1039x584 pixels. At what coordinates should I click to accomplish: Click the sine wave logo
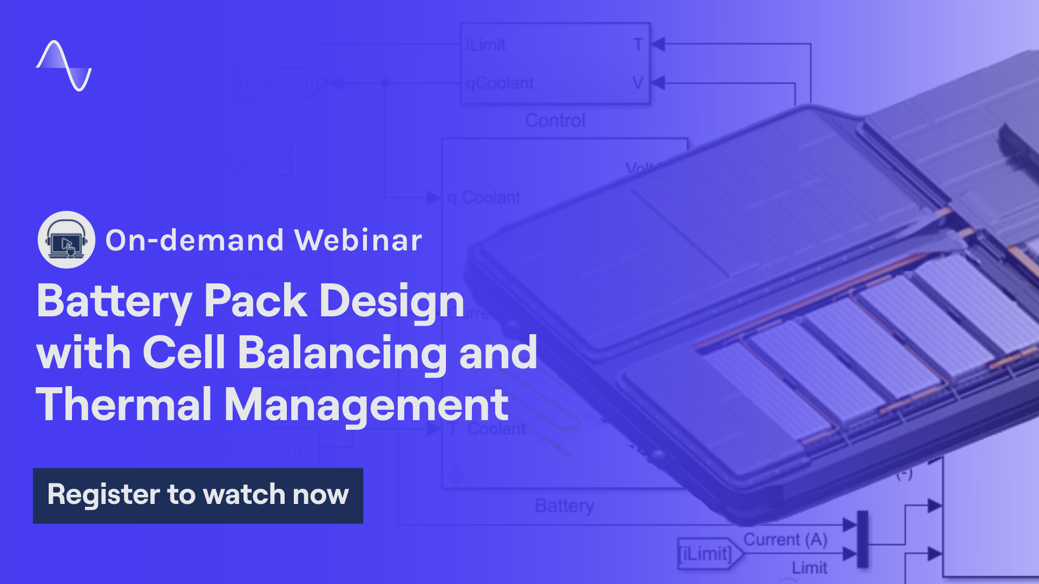click(x=64, y=65)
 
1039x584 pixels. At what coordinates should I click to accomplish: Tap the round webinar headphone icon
click(x=67, y=240)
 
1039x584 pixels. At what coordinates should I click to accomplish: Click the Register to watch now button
click(x=198, y=495)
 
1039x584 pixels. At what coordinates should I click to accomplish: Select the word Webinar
click(x=358, y=240)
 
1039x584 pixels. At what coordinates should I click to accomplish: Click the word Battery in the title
click(x=114, y=301)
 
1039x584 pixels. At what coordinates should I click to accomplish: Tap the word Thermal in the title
click(x=124, y=404)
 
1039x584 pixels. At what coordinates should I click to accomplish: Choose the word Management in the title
click(x=366, y=404)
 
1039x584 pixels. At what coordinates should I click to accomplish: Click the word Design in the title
click(x=392, y=301)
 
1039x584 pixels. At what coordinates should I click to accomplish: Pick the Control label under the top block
click(x=555, y=120)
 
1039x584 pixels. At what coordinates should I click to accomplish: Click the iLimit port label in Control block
click(x=485, y=45)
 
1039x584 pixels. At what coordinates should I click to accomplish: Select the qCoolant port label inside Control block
click(x=499, y=83)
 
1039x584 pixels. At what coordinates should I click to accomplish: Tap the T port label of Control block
click(x=639, y=44)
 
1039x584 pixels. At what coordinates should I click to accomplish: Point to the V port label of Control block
click(x=638, y=83)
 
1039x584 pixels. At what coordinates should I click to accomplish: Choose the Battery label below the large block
click(x=564, y=506)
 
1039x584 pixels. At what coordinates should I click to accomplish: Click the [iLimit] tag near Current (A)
click(x=705, y=554)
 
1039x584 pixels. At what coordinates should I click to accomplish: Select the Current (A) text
click(x=785, y=539)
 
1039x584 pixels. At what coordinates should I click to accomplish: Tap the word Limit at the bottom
click(x=810, y=567)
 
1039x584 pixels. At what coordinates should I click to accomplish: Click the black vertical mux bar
click(x=863, y=539)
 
